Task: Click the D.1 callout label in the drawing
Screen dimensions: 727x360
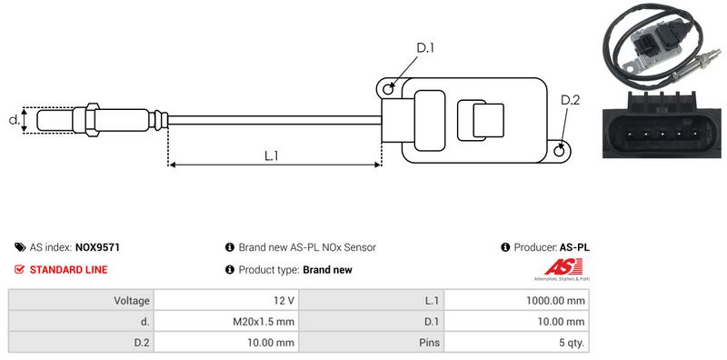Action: click(424, 47)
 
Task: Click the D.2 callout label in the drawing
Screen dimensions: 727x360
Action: click(570, 100)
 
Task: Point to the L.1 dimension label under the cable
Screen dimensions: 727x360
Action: click(271, 155)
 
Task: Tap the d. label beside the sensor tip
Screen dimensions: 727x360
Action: click(15, 120)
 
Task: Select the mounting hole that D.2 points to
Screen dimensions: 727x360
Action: click(560, 150)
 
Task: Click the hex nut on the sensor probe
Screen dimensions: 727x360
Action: click(92, 120)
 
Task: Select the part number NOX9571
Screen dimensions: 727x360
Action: click(97, 248)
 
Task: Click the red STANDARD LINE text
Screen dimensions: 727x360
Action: click(68, 269)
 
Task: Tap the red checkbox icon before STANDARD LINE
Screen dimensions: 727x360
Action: click(19, 269)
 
